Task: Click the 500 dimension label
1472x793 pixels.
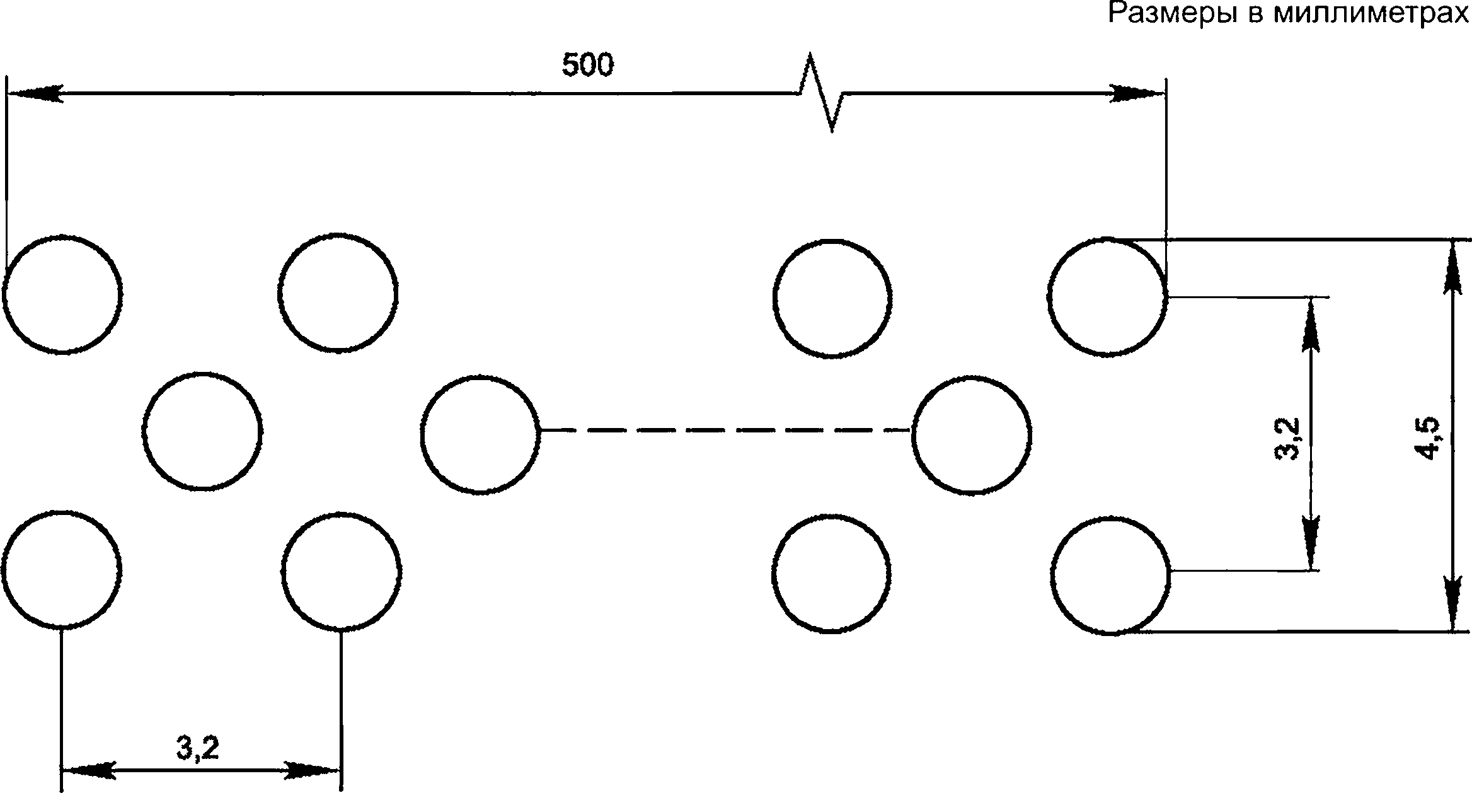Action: [x=587, y=65]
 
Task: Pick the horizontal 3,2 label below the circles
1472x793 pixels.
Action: [x=198, y=748]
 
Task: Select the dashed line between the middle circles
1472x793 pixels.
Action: [x=725, y=430]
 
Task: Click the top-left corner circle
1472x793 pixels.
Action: [x=5, y=294]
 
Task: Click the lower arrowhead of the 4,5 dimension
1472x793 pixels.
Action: [x=1453, y=603]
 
